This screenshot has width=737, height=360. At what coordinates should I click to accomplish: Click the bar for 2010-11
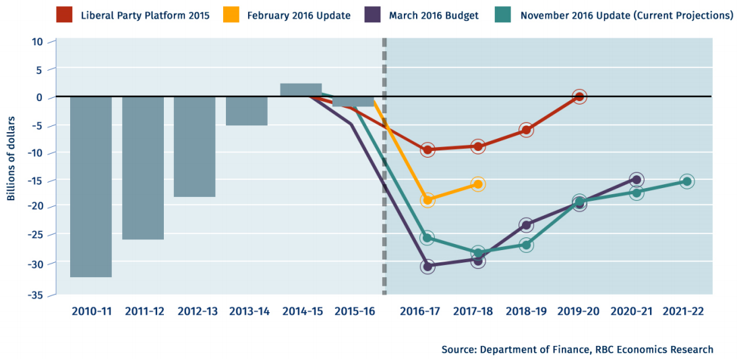(x=91, y=187)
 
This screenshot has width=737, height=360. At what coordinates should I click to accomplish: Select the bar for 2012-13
(x=194, y=146)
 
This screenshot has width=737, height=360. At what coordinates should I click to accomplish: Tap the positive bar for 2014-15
(x=301, y=90)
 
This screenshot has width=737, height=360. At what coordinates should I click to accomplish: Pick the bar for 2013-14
(x=246, y=111)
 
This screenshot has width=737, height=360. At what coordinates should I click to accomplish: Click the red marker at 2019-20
(x=579, y=97)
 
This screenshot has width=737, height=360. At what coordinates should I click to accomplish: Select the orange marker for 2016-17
(x=427, y=200)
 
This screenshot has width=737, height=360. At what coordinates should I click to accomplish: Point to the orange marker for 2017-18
(x=478, y=184)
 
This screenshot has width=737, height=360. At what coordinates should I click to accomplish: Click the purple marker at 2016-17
(x=427, y=266)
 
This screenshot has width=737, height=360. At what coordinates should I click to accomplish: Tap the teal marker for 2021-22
(x=686, y=181)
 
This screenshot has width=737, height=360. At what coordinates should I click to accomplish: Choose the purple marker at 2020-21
(x=636, y=180)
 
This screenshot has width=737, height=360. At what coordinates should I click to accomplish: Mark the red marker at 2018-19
(x=527, y=130)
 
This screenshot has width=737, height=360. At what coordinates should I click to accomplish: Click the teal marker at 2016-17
(x=427, y=238)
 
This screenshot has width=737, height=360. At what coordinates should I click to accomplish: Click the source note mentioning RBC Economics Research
(x=577, y=349)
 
